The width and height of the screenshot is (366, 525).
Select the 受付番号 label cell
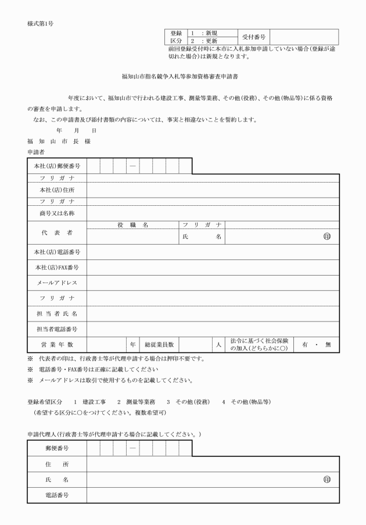tap(253, 37)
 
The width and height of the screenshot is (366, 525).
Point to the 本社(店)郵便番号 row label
tap(57, 167)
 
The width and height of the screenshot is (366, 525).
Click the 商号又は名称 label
tap(57, 213)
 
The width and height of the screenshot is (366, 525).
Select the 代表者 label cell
tap(57, 233)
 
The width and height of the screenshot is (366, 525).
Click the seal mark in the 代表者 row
tap(327, 237)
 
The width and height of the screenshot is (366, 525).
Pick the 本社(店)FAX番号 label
tap(57, 267)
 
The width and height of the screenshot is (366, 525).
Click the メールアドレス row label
tap(57, 283)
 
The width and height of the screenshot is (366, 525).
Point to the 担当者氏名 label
tap(57, 314)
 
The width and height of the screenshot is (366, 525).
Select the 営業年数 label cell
tap(57, 344)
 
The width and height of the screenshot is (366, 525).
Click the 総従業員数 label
tap(159, 344)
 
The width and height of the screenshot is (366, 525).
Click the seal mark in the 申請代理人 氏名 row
tap(327, 480)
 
